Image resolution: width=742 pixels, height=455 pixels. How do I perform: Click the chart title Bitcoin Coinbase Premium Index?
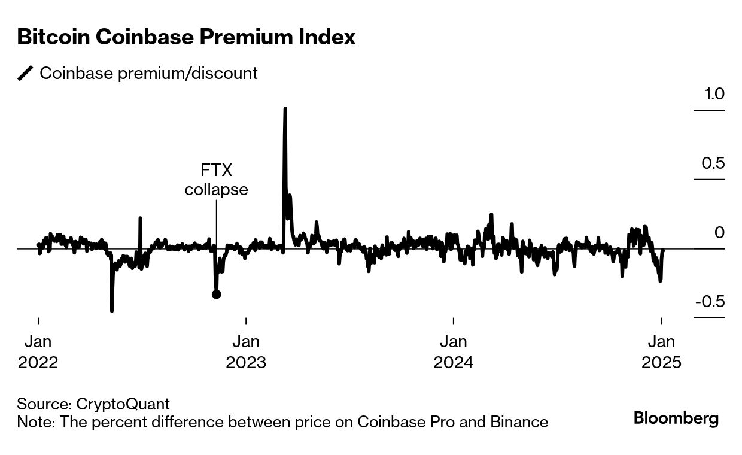click(x=186, y=37)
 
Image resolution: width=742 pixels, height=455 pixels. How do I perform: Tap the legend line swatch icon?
click(x=25, y=74)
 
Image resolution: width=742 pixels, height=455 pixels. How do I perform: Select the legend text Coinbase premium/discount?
click(x=148, y=74)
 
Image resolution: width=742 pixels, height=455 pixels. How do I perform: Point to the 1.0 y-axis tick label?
click(x=713, y=94)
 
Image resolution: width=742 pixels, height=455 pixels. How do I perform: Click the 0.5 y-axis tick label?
click(x=713, y=163)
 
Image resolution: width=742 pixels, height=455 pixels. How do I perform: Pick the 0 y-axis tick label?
click(x=719, y=232)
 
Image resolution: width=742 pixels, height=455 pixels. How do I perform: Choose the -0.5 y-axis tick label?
click(x=710, y=301)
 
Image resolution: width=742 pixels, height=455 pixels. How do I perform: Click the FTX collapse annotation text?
click(x=216, y=180)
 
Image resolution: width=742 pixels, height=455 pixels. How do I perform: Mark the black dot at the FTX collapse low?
click(x=217, y=294)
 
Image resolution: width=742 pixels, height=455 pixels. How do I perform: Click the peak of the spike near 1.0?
click(x=285, y=109)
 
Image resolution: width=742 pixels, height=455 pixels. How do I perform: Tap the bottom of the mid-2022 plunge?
click(x=112, y=310)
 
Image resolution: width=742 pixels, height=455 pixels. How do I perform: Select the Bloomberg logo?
click(x=676, y=418)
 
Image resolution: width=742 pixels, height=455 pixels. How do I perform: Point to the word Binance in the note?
click(x=518, y=422)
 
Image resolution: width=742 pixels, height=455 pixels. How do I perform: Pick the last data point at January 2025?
click(x=664, y=251)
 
